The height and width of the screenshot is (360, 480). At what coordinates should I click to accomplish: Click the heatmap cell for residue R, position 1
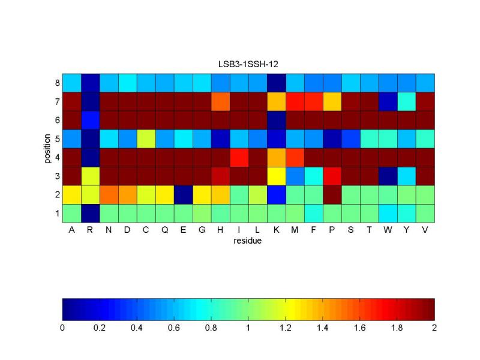click(90, 213)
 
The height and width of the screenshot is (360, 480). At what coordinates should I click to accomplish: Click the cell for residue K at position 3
click(276, 176)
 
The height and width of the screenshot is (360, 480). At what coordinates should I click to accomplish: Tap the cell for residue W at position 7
click(388, 101)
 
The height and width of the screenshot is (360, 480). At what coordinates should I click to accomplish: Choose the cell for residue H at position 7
click(220, 101)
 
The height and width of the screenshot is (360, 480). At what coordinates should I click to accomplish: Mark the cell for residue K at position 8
click(276, 82)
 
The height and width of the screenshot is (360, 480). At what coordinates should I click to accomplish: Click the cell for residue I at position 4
click(239, 157)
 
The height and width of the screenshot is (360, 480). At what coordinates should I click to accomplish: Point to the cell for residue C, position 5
click(146, 138)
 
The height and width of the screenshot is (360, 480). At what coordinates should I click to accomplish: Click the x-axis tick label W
click(388, 230)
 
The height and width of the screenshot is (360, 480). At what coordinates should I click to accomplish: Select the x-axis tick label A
click(71, 230)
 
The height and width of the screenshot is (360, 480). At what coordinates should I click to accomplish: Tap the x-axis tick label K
click(276, 230)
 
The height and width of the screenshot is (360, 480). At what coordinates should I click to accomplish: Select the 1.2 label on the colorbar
click(286, 328)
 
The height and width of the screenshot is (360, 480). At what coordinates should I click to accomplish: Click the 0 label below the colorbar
click(62, 328)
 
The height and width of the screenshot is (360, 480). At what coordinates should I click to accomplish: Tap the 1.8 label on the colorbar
click(397, 328)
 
